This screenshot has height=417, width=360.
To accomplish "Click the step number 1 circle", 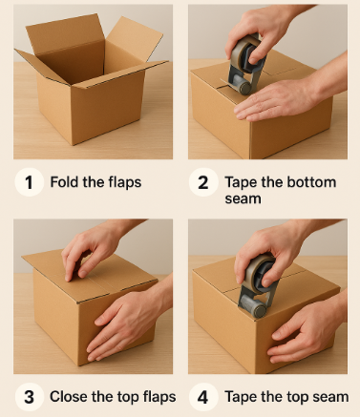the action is click(x=29, y=182).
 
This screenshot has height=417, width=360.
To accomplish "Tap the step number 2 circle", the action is click(x=203, y=182).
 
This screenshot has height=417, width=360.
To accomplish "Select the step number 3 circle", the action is click(x=29, y=397).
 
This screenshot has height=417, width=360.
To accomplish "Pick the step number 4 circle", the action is click(x=203, y=397).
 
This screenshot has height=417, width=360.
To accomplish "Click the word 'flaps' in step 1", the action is click(x=125, y=182).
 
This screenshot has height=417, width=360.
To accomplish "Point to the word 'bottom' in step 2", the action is click(x=311, y=182).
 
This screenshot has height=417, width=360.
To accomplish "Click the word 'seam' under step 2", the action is click(x=243, y=198).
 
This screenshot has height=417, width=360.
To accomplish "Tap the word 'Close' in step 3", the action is click(x=69, y=397).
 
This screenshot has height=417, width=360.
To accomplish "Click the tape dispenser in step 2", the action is click(x=245, y=64).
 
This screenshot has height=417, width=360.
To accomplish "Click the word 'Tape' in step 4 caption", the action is click(x=239, y=397).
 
